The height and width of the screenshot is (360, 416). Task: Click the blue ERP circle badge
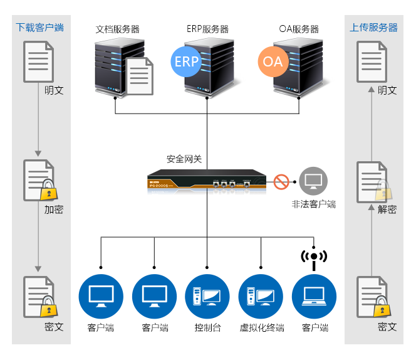tap(186, 61)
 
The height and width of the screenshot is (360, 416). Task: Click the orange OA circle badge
tap(273, 61)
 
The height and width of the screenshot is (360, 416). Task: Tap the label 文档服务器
tap(118, 29)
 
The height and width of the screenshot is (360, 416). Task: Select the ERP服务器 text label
tap(207, 29)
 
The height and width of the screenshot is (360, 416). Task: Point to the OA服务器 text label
tap(299, 29)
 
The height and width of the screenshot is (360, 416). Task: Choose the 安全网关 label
tap(184, 159)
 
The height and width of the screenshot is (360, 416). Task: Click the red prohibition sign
tap(281, 182)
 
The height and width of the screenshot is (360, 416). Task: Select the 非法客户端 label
tap(313, 204)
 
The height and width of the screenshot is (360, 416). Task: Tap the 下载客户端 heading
tap(40, 28)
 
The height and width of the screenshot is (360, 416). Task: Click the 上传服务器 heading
tap(373, 28)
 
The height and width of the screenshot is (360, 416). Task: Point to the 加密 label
tap(54, 209)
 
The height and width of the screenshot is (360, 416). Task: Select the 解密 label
tap(387, 209)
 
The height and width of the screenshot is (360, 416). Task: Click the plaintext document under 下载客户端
tap(38, 61)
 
